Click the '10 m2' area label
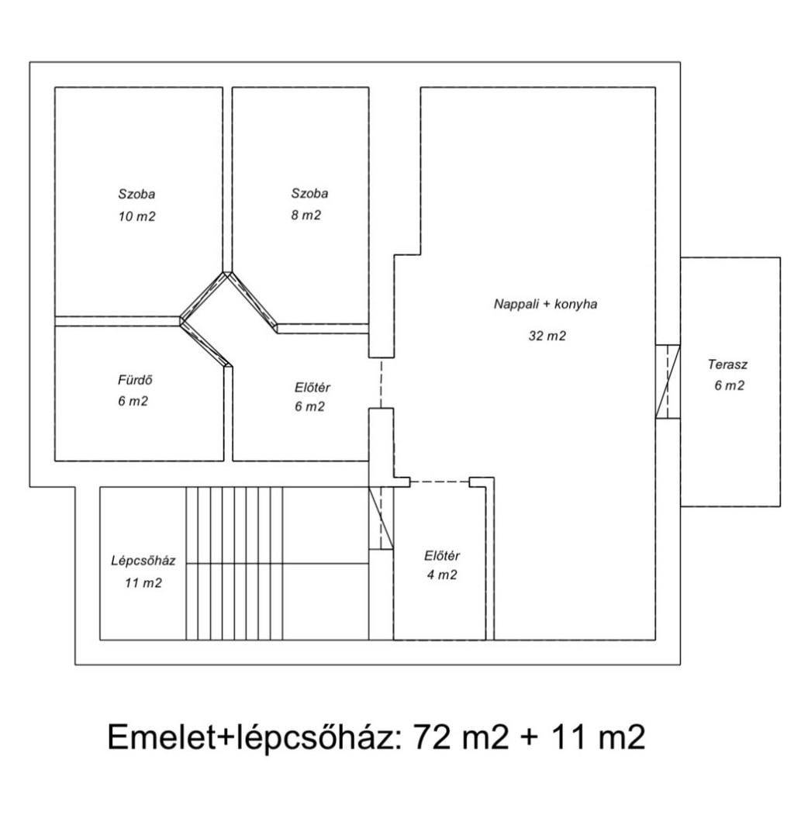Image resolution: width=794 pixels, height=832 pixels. (137, 216)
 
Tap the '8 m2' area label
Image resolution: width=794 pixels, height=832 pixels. (306, 215)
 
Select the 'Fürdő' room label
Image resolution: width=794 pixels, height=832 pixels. (136, 380)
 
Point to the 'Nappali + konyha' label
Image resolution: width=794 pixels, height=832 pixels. (545, 304)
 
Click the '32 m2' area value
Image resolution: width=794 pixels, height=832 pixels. (547, 335)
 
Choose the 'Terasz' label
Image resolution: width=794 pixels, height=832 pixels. (727, 364)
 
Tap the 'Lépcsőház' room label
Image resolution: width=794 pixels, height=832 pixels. (143, 561)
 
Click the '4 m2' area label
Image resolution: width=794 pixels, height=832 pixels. (441, 575)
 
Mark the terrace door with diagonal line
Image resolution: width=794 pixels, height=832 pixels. (668, 381)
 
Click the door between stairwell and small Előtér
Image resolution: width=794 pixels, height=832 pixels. (381, 519)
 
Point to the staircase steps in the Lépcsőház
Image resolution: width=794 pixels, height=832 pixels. (234, 564)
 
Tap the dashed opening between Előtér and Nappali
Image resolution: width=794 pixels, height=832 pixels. (381, 382)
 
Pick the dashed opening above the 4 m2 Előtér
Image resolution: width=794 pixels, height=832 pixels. (440, 482)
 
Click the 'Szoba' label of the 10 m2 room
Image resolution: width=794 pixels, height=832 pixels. (137, 194)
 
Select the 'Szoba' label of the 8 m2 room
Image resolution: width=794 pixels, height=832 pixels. (309, 193)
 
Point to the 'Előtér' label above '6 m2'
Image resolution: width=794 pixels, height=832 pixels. (312, 388)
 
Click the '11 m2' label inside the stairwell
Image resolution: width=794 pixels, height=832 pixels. (143, 582)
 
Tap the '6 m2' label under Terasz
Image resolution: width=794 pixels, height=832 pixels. (729, 385)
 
